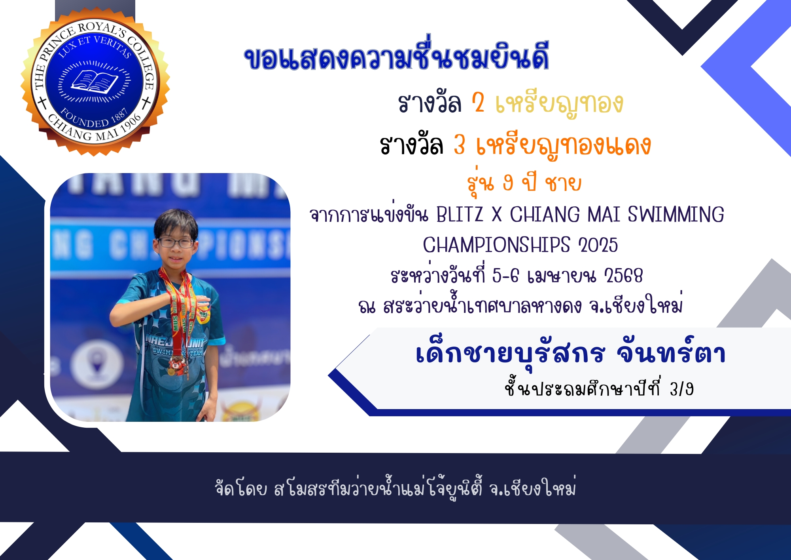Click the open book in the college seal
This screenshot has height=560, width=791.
point(94,82)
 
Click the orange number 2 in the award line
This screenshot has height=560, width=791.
point(478,103)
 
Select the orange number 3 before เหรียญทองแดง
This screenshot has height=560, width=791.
point(459,145)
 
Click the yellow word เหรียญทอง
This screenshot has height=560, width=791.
point(559,104)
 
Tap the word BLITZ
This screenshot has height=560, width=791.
point(460,215)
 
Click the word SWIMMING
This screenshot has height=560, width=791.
point(676,215)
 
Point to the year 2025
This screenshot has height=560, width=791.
point(598,245)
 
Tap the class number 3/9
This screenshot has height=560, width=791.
point(681,389)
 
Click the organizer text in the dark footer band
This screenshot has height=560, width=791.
point(395,488)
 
